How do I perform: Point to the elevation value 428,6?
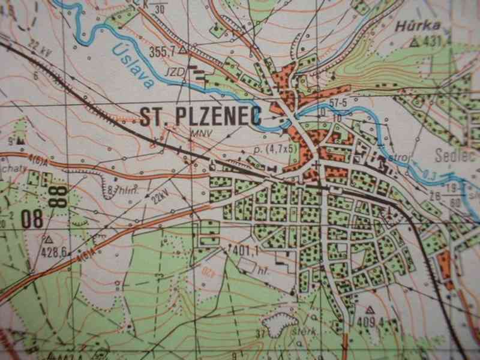tap(53, 251)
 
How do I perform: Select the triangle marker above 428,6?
tap(48, 239)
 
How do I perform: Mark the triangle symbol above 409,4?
tap(370, 310)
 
